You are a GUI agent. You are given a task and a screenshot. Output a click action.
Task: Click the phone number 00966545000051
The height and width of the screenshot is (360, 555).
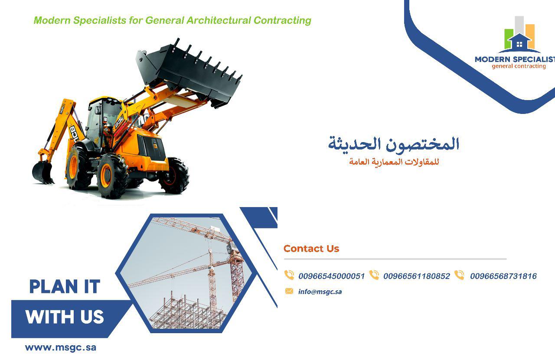point(332,276)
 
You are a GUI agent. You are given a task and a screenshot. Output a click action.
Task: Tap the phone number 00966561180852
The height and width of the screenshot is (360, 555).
point(417,276)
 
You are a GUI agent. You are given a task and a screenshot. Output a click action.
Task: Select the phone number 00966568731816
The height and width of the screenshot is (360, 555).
point(503,276)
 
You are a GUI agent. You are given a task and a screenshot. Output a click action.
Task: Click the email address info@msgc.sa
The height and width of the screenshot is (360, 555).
point(320,292)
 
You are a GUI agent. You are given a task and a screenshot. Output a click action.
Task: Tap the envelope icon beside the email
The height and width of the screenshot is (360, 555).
point(289,291)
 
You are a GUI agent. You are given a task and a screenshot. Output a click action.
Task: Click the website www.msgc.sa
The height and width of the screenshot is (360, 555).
point(61,347)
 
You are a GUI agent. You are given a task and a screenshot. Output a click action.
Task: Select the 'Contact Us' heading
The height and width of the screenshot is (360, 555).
point(311,248)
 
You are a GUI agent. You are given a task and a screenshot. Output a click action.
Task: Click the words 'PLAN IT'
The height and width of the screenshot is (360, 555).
point(65,286)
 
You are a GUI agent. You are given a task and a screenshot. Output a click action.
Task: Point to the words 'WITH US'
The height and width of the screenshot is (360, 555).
point(65,317)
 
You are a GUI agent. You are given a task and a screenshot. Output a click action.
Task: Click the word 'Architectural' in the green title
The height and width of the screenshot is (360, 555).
point(219,20)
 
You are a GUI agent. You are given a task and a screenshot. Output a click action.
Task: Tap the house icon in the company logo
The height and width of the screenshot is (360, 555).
point(519,43)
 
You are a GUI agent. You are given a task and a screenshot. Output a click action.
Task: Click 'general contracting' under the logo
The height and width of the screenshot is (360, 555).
point(519,66)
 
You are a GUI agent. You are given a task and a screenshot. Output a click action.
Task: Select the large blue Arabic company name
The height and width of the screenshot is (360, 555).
point(394,143)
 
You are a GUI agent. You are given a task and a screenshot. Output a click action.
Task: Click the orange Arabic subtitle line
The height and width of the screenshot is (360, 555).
point(394,162)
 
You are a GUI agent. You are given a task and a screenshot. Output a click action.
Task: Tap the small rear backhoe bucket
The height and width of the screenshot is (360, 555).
point(42,172)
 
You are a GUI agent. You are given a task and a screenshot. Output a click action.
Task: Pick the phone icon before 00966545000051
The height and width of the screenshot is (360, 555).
point(289,275)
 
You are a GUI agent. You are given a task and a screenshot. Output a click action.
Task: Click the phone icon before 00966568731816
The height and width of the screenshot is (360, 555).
point(459,275)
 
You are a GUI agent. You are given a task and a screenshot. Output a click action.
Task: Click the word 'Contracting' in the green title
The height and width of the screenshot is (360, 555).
point(282,20)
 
